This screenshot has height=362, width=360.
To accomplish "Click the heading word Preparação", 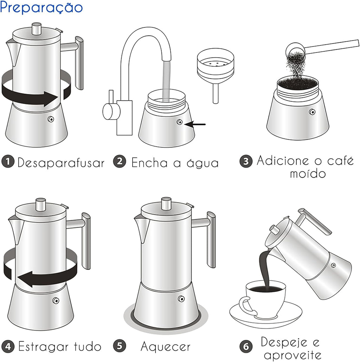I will (x=41, y=8).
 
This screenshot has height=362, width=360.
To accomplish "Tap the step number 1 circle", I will (x=8, y=162).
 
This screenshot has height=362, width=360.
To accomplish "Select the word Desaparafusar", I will (x=61, y=163).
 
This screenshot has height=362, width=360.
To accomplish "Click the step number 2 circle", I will (x=120, y=162).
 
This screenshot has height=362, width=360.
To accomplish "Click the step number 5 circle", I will (x=120, y=347).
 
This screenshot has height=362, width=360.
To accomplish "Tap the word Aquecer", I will (x=165, y=347).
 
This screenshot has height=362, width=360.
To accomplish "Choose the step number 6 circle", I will (x=246, y=347).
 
